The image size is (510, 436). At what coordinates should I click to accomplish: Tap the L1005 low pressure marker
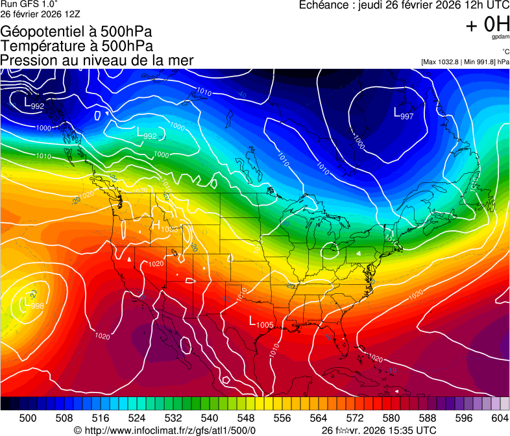click(x=261, y=322)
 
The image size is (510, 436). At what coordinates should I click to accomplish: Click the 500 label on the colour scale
click(x=27, y=417)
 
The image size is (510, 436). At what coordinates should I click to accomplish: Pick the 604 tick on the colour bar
click(x=500, y=417)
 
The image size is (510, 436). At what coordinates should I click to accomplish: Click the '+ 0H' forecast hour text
click(x=487, y=25)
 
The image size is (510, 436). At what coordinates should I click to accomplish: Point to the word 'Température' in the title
click(x=40, y=46)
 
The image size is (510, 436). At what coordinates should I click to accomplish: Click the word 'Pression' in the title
click(x=25, y=60)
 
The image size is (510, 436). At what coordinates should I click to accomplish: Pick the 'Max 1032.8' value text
click(x=440, y=62)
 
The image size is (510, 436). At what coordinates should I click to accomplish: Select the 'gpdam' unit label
click(x=501, y=38)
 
